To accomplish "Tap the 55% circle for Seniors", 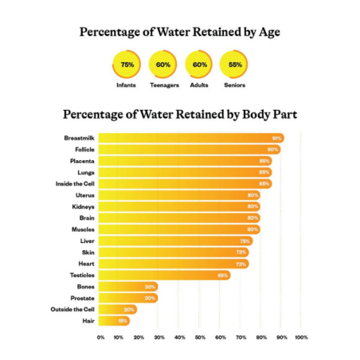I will click(235, 64).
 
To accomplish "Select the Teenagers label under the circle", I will click(163, 84).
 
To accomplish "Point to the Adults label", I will click(199, 84).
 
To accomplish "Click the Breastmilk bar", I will click(191, 138).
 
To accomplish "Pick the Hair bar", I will click(114, 321).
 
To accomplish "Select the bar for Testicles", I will click(165, 275).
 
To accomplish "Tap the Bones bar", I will click(128, 286).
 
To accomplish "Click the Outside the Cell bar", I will click(118, 309).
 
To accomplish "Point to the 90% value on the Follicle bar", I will click(272, 150).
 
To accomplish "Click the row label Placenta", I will click(82, 161).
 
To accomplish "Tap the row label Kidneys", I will click(83, 206).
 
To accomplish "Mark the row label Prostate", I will click(82, 298).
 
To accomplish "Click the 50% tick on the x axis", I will click(201, 338).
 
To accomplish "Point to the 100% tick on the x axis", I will click(301, 338).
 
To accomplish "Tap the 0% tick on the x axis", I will click(100, 338).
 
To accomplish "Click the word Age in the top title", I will click(263, 33).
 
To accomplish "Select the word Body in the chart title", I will click(241, 115).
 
